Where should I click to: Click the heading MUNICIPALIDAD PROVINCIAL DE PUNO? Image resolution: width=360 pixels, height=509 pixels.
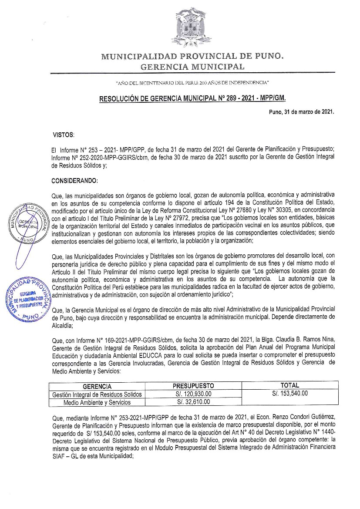pyautogui.click(x=192, y=57)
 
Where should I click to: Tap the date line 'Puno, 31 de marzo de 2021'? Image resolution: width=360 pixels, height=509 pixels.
pyautogui.click(x=302, y=112)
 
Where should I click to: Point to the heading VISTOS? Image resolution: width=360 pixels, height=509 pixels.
pyautogui.click(x=64, y=135)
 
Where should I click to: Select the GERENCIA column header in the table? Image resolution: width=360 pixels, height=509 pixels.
pyautogui.click(x=97, y=386)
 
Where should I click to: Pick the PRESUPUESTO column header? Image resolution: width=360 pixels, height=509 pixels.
pyautogui.click(x=193, y=386)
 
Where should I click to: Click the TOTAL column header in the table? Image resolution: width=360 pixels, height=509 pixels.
pyautogui.click(x=290, y=385)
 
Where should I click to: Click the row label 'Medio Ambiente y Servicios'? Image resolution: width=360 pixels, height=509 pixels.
pyautogui.click(x=97, y=402)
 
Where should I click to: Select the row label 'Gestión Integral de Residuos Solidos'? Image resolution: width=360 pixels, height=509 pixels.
pyautogui.click(x=97, y=394)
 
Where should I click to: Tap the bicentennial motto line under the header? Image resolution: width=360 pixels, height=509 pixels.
pyautogui.click(x=192, y=82)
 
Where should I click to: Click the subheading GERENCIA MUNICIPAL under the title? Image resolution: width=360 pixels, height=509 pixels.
pyautogui.click(x=192, y=67)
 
